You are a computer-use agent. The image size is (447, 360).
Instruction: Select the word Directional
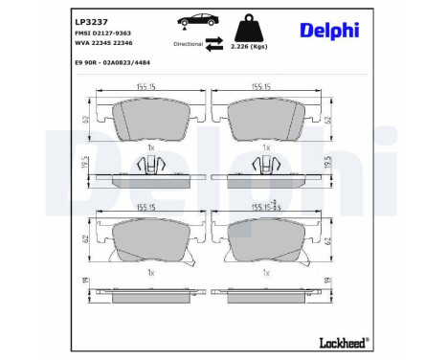click(188, 43)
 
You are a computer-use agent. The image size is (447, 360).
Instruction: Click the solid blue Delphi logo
click(329, 30)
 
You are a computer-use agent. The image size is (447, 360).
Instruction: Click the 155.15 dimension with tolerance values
click(264, 205)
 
